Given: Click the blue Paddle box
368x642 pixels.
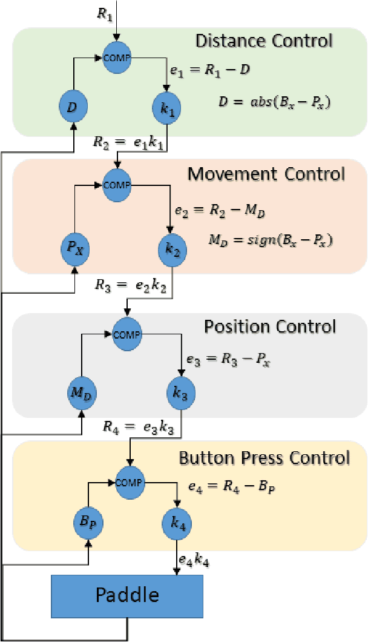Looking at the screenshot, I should (127, 595).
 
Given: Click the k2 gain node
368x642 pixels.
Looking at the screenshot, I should (172, 250).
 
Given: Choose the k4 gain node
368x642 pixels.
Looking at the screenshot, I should (177, 521).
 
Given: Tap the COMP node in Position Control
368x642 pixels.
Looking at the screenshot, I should (126, 334).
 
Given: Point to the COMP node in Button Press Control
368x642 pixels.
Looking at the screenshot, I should (130, 482).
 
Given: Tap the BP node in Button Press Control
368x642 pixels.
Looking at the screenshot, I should (89, 521).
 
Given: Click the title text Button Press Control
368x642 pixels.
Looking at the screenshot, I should (264, 457).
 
